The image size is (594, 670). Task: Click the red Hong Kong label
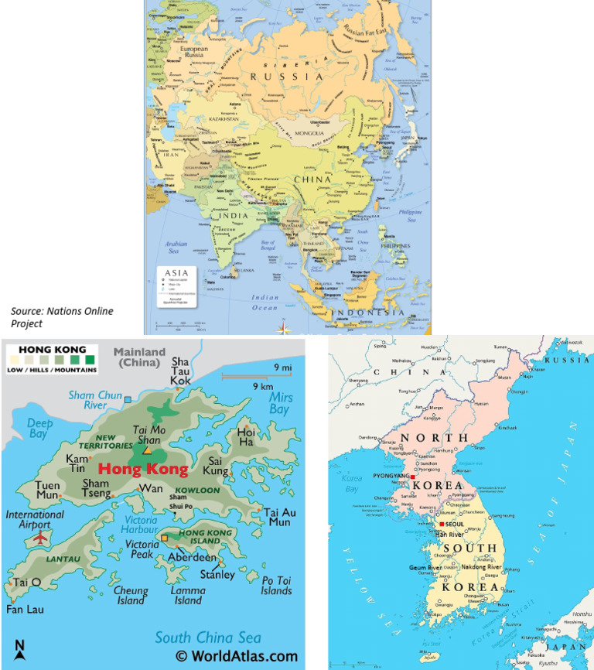click(x=143, y=469)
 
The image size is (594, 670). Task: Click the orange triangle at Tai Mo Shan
click(x=147, y=449)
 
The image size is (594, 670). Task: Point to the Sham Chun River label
click(x=92, y=401)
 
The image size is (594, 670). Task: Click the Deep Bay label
click(x=40, y=429)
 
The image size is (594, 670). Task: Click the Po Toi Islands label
click(x=276, y=586)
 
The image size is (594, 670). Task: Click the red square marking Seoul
click(x=442, y=524)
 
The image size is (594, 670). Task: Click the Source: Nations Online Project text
click(x=62, y=317)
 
